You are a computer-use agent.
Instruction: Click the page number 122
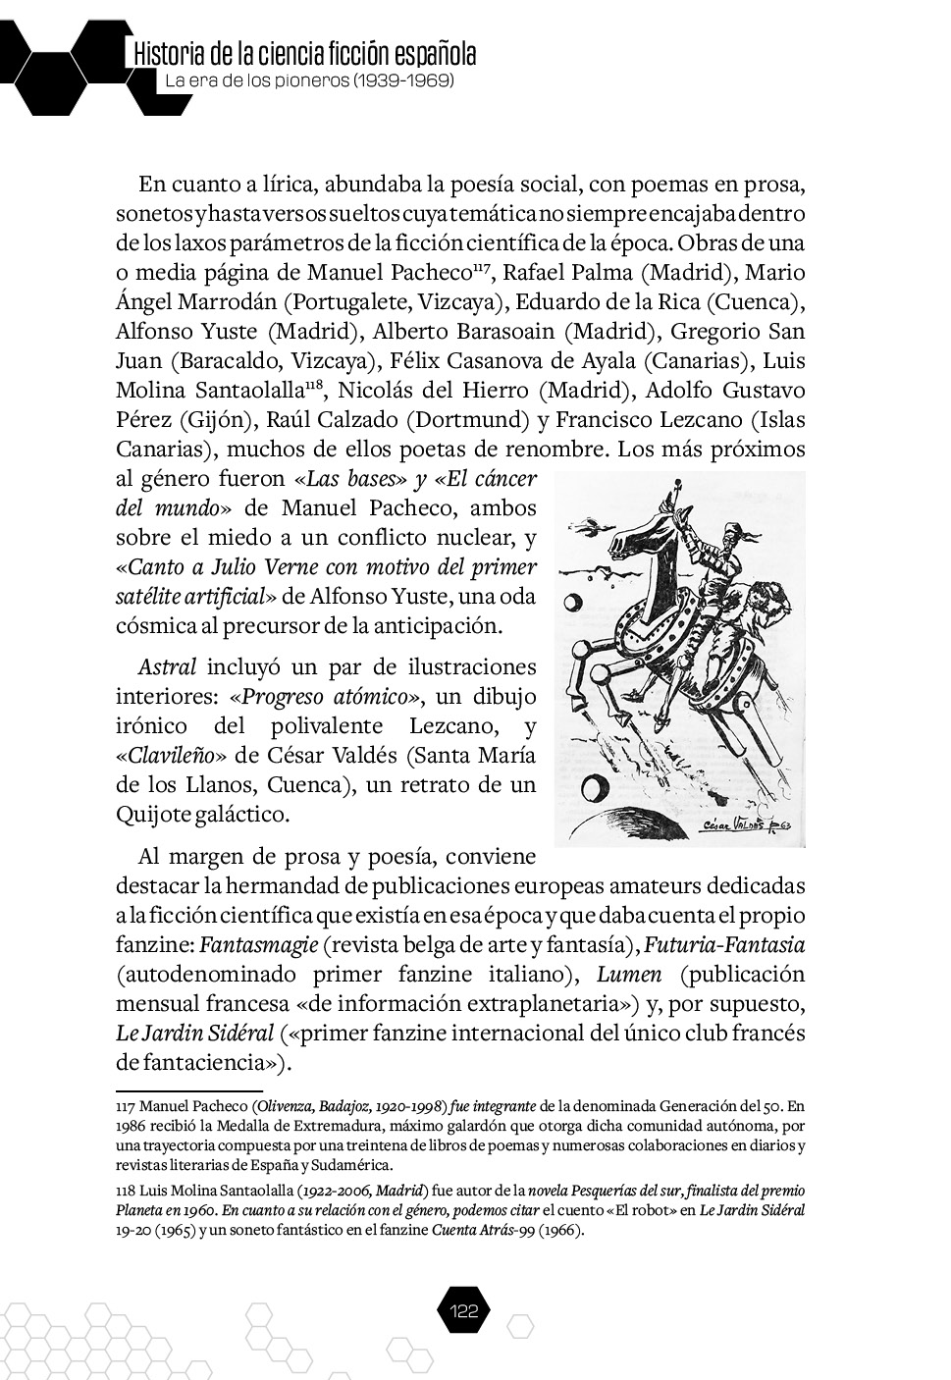click(462, 1311)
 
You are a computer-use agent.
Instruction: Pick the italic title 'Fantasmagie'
click(258, 945)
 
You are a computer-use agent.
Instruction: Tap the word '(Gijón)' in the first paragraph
click(216, 420)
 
